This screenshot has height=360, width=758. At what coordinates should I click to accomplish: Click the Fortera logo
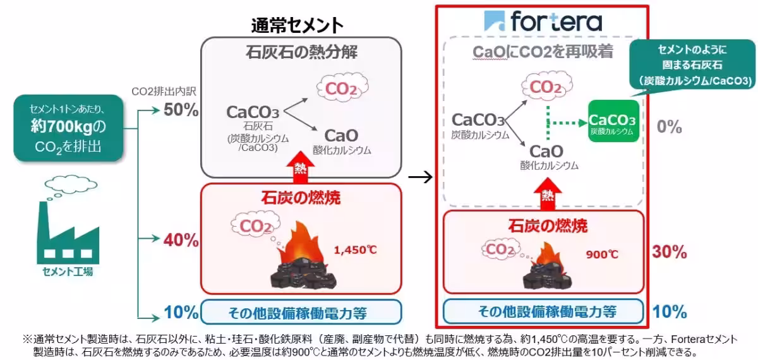coord(543,22)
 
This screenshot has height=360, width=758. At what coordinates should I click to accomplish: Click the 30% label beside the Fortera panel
coord(669,253)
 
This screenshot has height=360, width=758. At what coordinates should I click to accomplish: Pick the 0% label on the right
coord(669,127)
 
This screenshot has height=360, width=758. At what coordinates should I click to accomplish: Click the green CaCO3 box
coord(613,121)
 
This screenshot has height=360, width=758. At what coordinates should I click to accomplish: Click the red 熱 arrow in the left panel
coord(301,167)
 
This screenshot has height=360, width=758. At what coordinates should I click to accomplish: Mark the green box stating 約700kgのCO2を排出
coord(68,128)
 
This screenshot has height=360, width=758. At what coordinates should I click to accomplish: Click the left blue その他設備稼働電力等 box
coord(301,312)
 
